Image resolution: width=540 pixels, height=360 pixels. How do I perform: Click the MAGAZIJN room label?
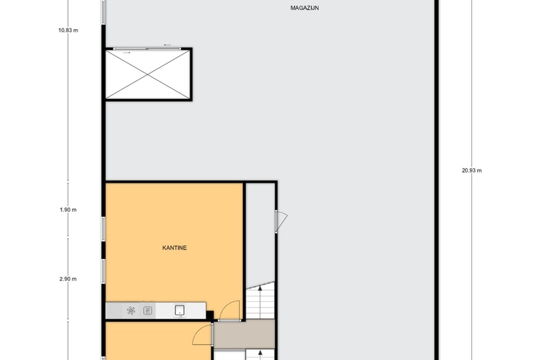coord(305,8)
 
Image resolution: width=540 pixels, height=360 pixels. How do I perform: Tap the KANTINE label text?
coord(174,248)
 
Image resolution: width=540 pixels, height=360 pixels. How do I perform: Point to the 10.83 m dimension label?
coord(68,30)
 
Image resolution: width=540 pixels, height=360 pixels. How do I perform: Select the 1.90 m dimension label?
coord(68,210)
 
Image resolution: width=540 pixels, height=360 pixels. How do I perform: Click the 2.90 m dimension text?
coord(68,279)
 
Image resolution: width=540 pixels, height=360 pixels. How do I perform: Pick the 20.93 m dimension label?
coord(472,170)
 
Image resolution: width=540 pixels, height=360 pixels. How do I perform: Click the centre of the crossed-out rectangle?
coord(147,74)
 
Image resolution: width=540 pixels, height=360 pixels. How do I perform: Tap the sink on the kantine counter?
coord(180,310)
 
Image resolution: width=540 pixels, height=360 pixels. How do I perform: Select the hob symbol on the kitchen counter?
coord(131,310)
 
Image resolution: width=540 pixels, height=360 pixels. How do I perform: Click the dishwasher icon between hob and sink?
coord(147,311)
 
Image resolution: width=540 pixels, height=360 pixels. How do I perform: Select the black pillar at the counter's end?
coord(210,315)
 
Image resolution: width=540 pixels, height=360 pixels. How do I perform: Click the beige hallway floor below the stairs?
coord(244,334)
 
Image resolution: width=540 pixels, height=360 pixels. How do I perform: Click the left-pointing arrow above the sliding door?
coord(168,45)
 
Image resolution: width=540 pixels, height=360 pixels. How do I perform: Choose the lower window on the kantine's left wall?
coord(103,271)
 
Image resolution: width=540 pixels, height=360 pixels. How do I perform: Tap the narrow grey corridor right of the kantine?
coord(260,234)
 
